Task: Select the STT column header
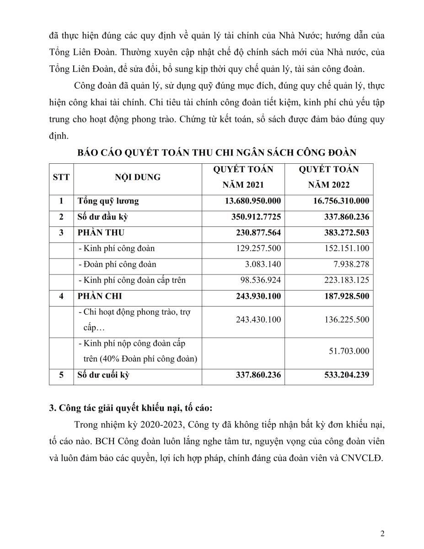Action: (x=61, y=177)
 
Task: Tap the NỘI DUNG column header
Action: (x=138, y=177)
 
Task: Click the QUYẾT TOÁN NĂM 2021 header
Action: (x=243, y=178)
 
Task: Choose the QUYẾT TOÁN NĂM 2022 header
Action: (x=329, y=178)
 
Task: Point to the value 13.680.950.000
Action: (x=253, y=201)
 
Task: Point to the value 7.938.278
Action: (x=350, y=264)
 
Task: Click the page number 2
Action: (x=382, y=533)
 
